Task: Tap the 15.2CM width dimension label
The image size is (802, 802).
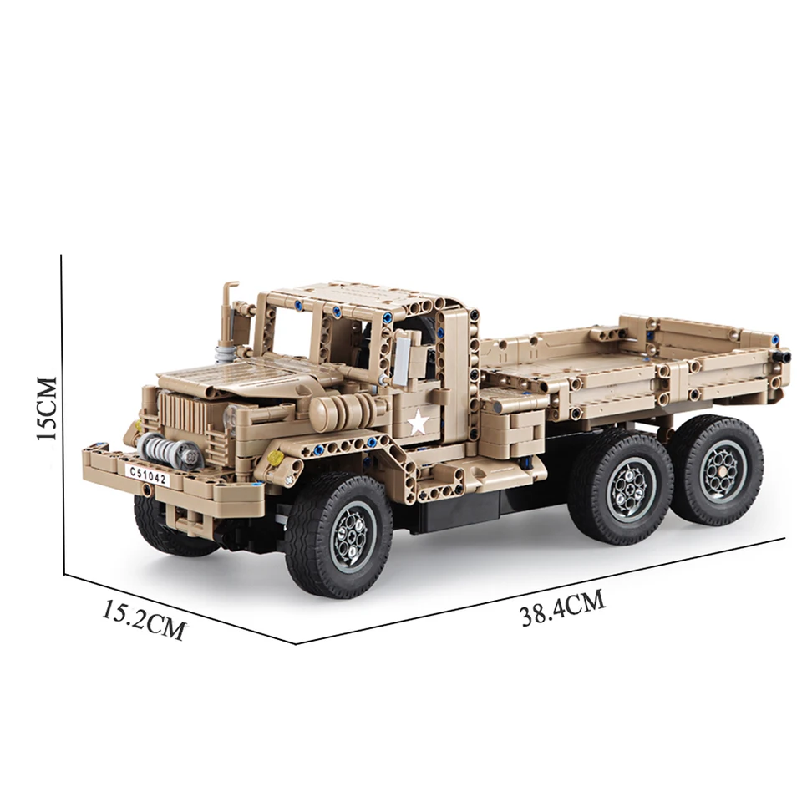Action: click(144, 619)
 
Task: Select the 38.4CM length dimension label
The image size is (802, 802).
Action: click(561, 607)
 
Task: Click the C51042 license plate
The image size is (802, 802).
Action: click(147, 475)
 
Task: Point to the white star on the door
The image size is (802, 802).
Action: click(418, 423)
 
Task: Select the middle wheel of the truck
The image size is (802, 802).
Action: click(621, 488)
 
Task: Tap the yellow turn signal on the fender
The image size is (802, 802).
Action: click(275, 458)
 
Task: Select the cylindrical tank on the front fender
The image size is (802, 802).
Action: click(343, 411)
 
